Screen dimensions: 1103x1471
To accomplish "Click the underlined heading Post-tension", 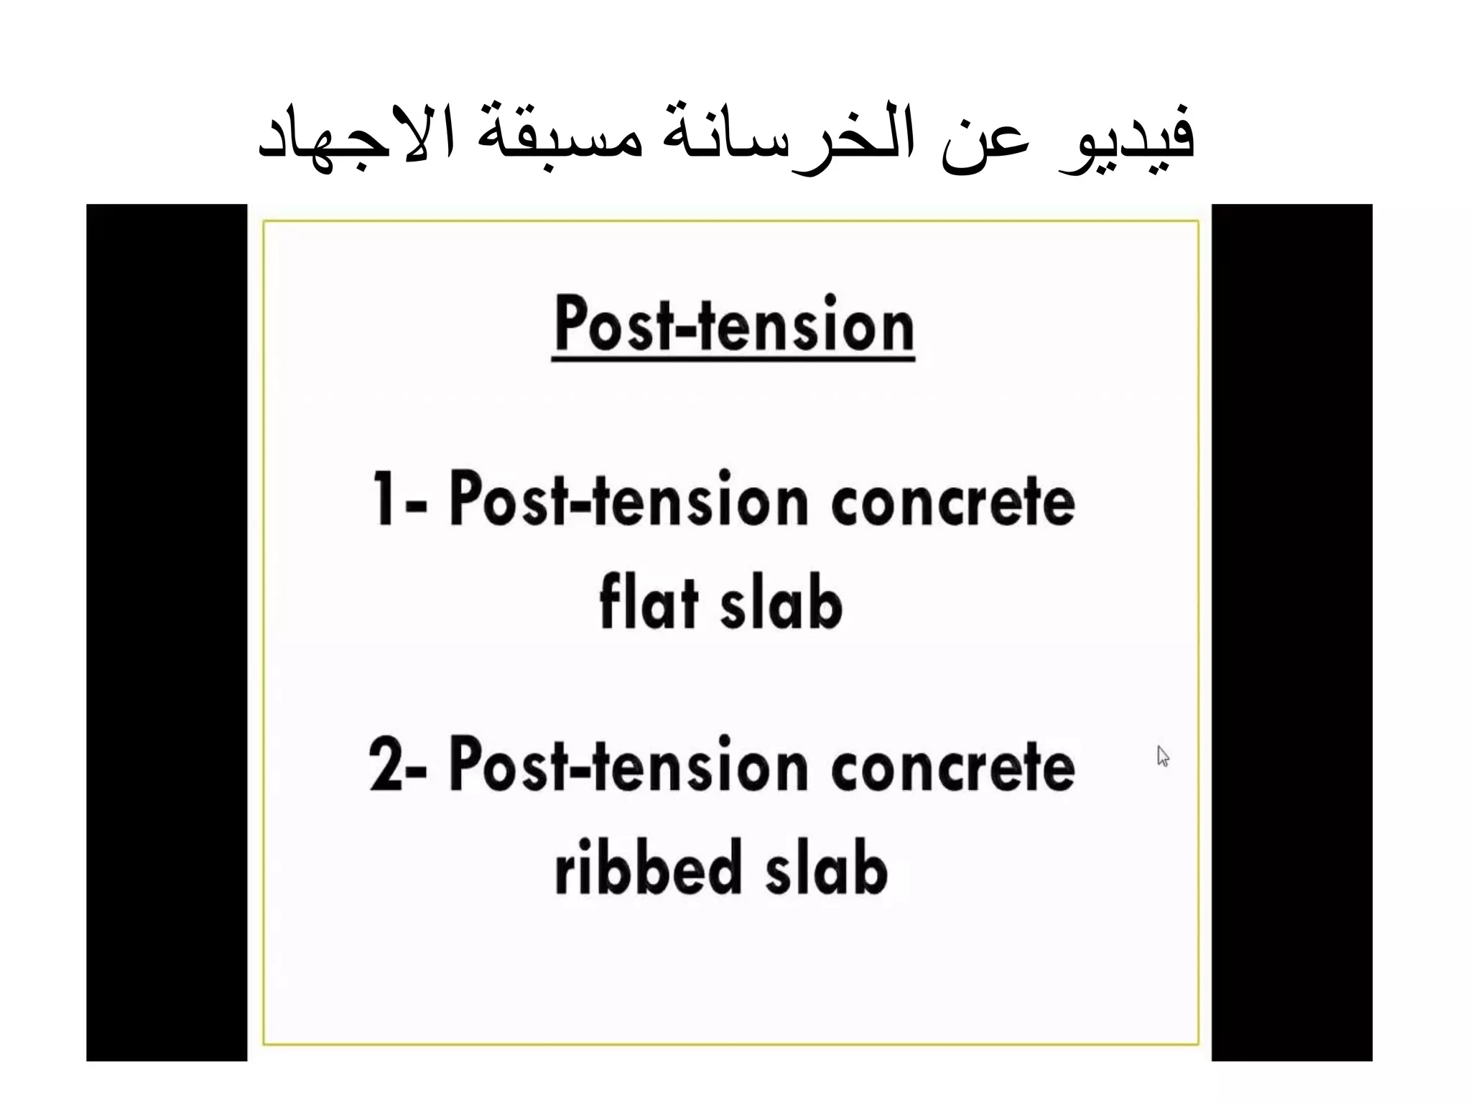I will (733, 325).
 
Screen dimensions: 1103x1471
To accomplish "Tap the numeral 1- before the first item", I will (399, 498).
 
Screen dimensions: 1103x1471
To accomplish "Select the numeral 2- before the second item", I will (397, 764).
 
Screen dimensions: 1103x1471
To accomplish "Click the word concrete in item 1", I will (952, 501).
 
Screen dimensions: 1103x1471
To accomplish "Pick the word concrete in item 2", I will (952, 766).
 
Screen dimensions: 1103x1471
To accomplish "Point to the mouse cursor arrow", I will (1163, 755).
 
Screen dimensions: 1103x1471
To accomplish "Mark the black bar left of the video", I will (167, 632).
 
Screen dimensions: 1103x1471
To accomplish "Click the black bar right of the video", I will (1291, 632).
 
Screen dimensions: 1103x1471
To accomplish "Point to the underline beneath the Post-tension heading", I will (733, 357).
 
